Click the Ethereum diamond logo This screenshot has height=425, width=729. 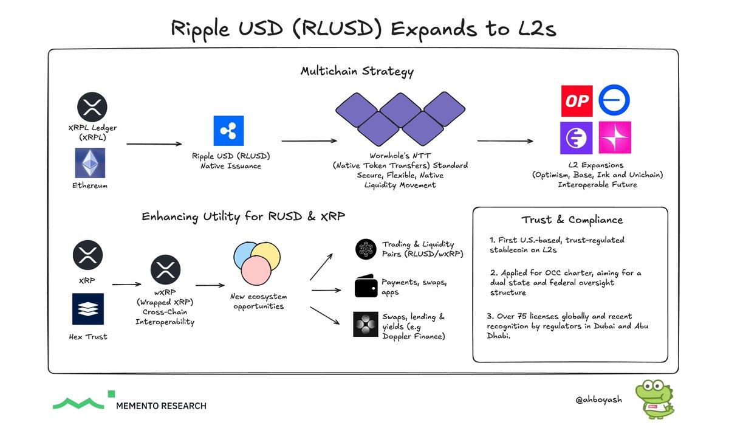click(x=90, y=164)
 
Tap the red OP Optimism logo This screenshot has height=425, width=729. click(x=576, y=100)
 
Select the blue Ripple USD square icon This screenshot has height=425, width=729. click(x=228, y=131)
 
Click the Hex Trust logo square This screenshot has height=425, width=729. click(x=88, y=309)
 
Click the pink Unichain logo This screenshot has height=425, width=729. click(x=615, y=137)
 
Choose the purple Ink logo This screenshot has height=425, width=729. click(x=576, y=137)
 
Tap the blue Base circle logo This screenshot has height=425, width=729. click(x=614, y=100)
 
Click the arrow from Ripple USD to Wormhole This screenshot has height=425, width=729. click(x=309, y=140)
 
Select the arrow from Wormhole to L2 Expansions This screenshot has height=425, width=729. click(x=505, y=141)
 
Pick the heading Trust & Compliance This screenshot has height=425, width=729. click(x=572, y=219)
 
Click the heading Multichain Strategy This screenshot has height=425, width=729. click(x=357, y=71)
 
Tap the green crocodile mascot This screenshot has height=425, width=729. click(x=651, y=399)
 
